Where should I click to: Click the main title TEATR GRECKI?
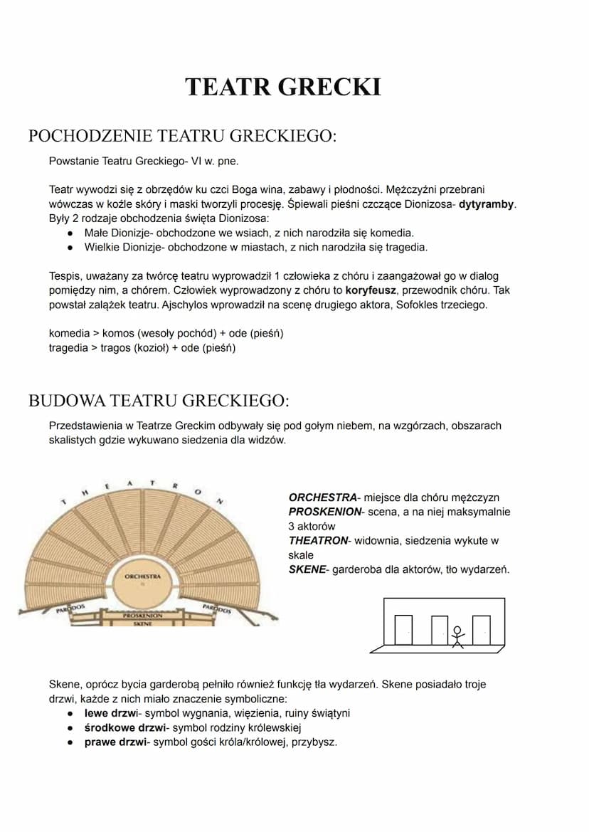pos(283,87)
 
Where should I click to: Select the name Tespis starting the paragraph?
pos(65,275)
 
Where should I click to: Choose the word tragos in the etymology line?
pos(111,348)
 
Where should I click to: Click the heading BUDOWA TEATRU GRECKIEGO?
pos(159,401)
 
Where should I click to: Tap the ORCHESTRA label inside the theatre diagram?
pos(142,576)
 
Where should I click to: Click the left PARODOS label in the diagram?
pos(71,609)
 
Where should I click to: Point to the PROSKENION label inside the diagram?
pos(142,615)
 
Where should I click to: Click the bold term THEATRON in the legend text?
pos(317,541)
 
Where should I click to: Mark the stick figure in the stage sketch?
pos(457,636)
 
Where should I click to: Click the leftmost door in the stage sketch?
pos(403,629)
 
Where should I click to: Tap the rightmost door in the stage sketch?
pos(482,629)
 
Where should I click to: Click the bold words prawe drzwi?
pos(115,742)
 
